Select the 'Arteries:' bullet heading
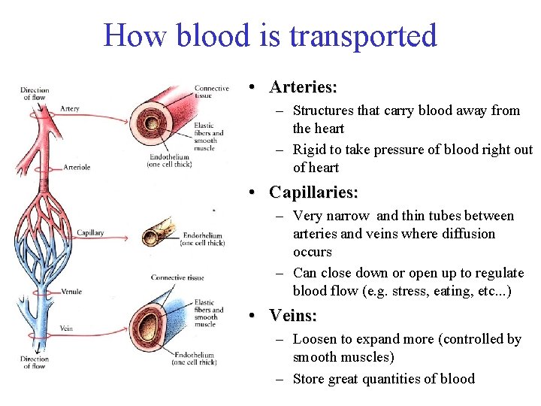pyautogui.click(x=303, y=87)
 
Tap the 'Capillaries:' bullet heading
pyautogui.click(x=313, y=192)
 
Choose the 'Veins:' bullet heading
pyautogui.click(x=293, y=316)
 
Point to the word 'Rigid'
pyautogui.click(x=310, y=149)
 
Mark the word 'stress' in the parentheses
pyautogui.click(x=427, y=291)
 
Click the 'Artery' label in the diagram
pyautogui.click(x=70, y=108)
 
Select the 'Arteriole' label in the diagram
pyautogui.click(x=77, y=167)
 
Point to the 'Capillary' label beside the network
pyautogui.click(x=90, y=233)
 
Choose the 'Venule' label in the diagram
pyautogui.click(x=72, y=291)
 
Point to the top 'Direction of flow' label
pyautogui.click(x=35, y=93)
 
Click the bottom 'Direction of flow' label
pyautogui.click(x=35, y=363)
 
